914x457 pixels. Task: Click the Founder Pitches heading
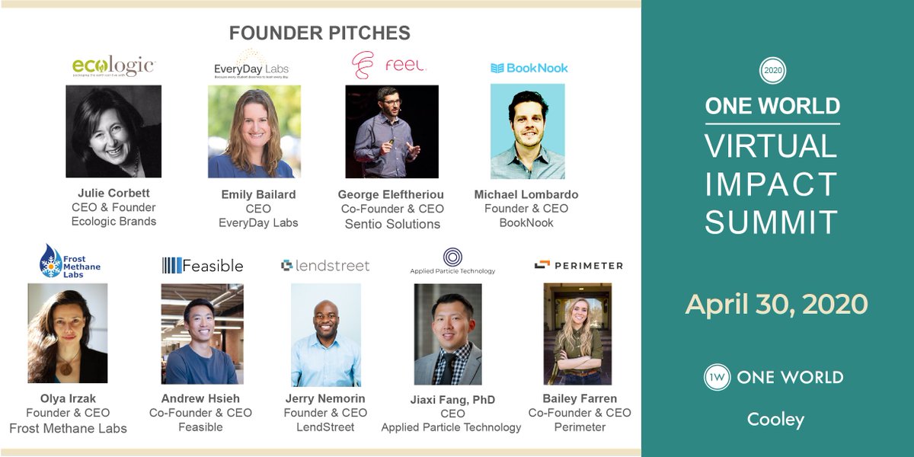pos(320,34)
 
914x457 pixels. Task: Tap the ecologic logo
pos(113,67)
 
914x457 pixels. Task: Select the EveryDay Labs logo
pos(251,65)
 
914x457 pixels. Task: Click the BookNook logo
pos(529,68)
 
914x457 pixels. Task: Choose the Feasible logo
pos(203,265)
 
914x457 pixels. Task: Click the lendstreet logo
pos(325,266)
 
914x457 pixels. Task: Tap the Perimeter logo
pos(578,265)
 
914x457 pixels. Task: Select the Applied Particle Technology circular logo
pos(452,257)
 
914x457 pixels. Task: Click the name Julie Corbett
pos(113,193)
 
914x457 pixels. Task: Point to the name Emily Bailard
pos(257,194)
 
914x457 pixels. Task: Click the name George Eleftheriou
pos(391,194)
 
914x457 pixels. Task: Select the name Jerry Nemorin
pos(325,398)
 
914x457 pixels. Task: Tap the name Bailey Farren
pos(580,398)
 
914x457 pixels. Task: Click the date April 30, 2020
pos(776,304)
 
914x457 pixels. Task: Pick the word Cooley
pos(775,419)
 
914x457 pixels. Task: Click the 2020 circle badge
pos(772,70)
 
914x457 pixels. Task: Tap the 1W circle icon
pos(717,377)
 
